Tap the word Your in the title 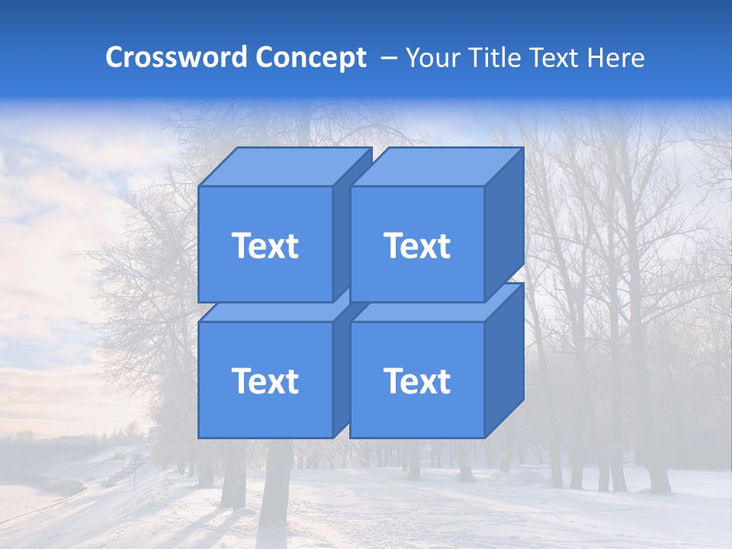pyautogui.click(x=432, y=57)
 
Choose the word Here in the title pyautogui.click(x=618, y=57)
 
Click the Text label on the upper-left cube pyautogui.click(x=265, y=246)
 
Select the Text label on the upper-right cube pyautogui.click(x=417, y=246)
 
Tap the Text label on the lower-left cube pyautogui.click(x=265, y=380)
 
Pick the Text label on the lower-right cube pyautogui.click(x=417, y=380)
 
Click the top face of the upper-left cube pyautogui.click(x=285, y=166)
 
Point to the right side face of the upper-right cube pyautogui.click(x=504, y=221)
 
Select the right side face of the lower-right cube pyautogui.click(x=504, y=358)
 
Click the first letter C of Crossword pyautogui.click(x=114, y=57)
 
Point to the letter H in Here pyautogui.click(x=600, y=57)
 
